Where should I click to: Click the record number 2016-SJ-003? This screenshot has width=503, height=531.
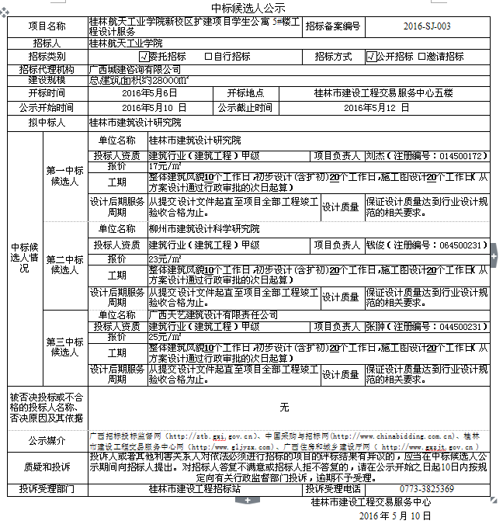(x=427, y=26)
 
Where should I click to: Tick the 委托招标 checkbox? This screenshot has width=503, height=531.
(x=144, y=57)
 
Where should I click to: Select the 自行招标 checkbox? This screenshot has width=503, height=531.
(x=208, y=57)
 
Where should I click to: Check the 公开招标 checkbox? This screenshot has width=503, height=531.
(x=371, y=57)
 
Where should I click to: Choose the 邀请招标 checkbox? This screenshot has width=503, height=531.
(x=421, y=57)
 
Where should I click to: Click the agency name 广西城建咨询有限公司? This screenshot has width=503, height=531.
(x=133, y=69)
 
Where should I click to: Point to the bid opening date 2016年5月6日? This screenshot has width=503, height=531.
(x=144, y=93)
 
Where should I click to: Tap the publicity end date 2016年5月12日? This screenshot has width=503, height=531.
(x=375, y=107)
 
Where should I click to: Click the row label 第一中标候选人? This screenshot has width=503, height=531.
(x=65, y=176)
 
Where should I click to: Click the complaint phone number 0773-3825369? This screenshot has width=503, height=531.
(x=427, y=489)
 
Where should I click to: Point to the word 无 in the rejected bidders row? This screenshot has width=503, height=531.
(x=284, y=407)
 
